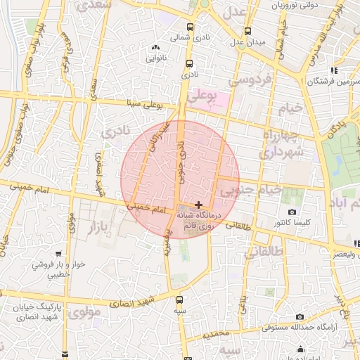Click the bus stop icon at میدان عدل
[x=247, y=31]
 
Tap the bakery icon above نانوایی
[x=155, y=48]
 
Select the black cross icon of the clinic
[x=199, y=204]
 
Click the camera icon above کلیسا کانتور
[x=292, y=212]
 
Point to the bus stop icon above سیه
[x=181, y=300]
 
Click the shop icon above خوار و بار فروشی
[x=58, y=254]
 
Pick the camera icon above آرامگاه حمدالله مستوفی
[x=300, y=317]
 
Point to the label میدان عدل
[x=251, y=42]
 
